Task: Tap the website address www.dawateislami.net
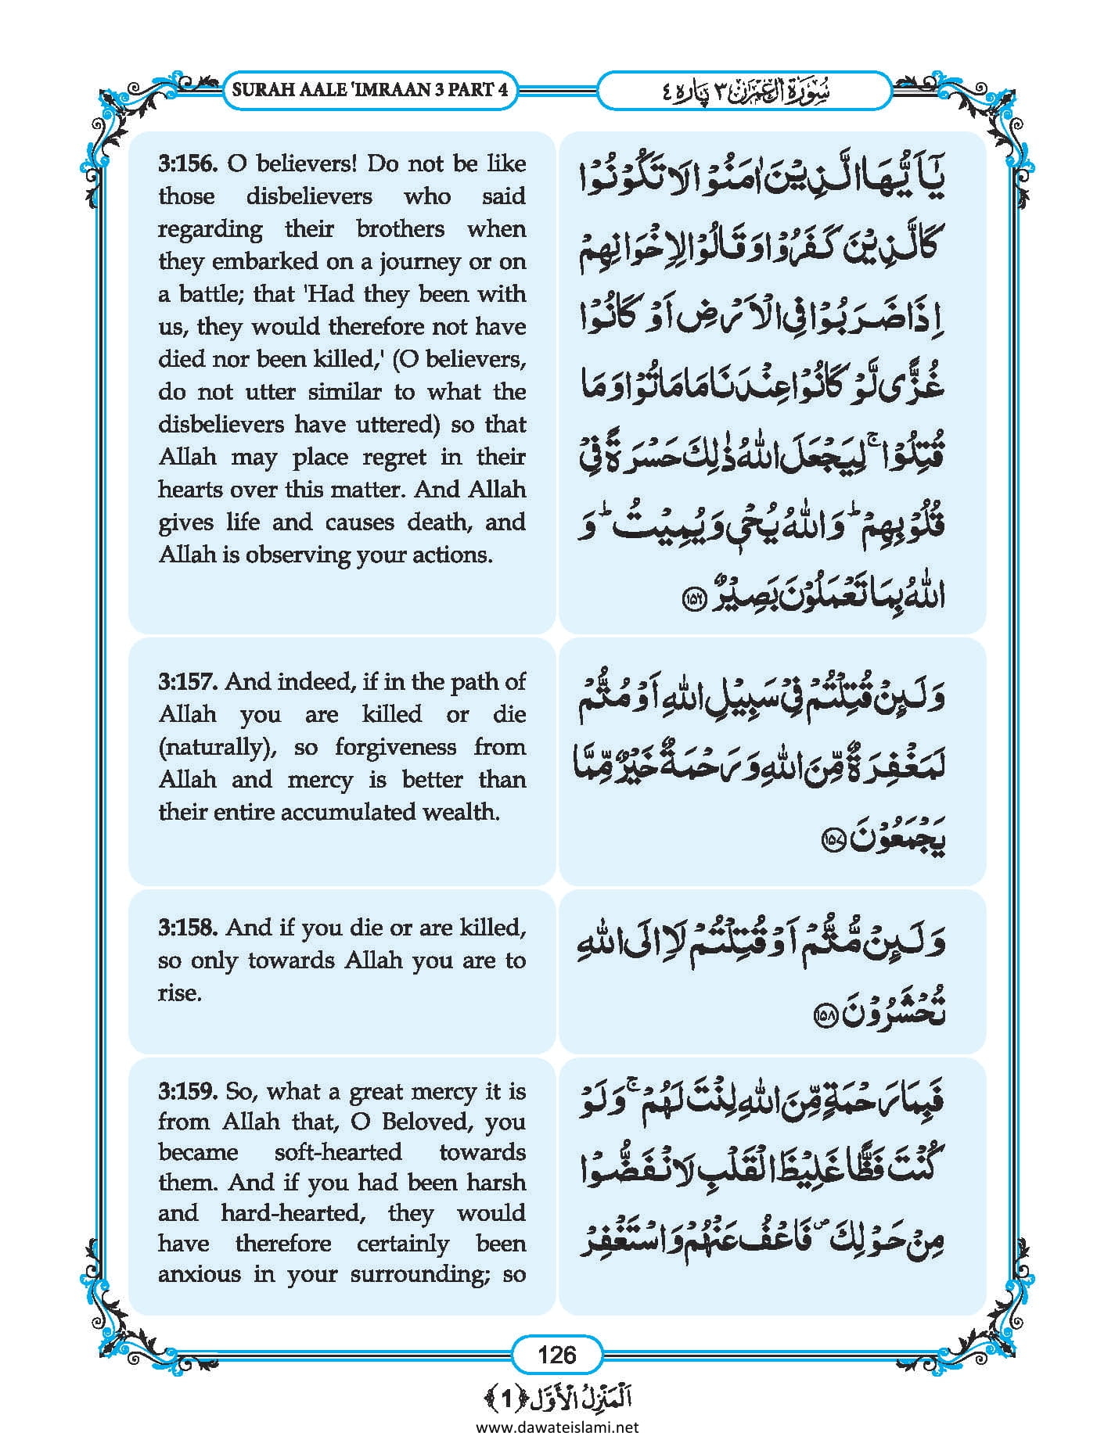point(557,1427)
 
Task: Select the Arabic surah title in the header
point(743,91)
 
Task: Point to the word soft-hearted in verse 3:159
point(338,1152)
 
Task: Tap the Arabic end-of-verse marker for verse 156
point(695,599)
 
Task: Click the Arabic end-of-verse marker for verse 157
point(833,842)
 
